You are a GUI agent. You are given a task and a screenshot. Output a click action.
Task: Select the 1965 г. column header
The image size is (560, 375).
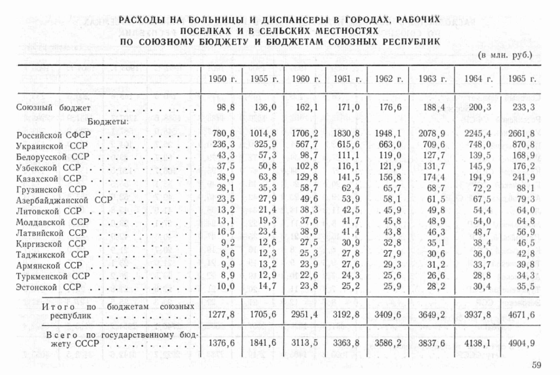pos(522,79)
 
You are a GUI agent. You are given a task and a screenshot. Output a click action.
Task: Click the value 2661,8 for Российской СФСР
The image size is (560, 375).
pos(521,135)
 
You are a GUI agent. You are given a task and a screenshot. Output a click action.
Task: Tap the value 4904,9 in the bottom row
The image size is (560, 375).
pos(521,342)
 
